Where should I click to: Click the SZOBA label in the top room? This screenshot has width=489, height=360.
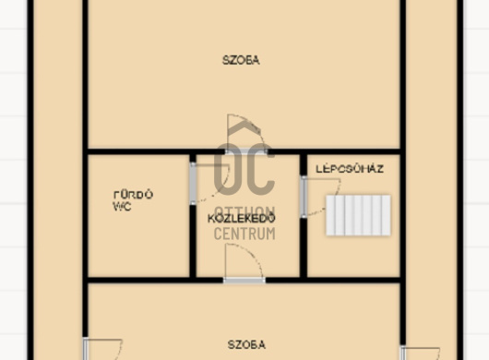click(x=241, y=60)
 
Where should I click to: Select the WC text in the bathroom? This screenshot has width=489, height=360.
click(x=121, y=207)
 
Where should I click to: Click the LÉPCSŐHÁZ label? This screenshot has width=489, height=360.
click(x=350, y=169)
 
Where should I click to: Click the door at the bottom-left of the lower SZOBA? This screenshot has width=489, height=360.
click(x=101, y=350)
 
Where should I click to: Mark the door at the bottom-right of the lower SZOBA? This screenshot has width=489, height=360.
click(x=420, y=352)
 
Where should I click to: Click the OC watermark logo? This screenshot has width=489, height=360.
click(x=244, y=166)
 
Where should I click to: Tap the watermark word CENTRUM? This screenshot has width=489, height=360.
click(x=244, y=234)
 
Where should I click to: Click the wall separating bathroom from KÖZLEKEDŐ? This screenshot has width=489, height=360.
click(x=193, y=240)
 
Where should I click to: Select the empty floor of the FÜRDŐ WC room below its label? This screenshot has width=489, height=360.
click(x=138, y=245)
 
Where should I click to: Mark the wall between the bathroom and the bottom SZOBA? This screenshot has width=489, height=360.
click(x=138, y=279)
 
